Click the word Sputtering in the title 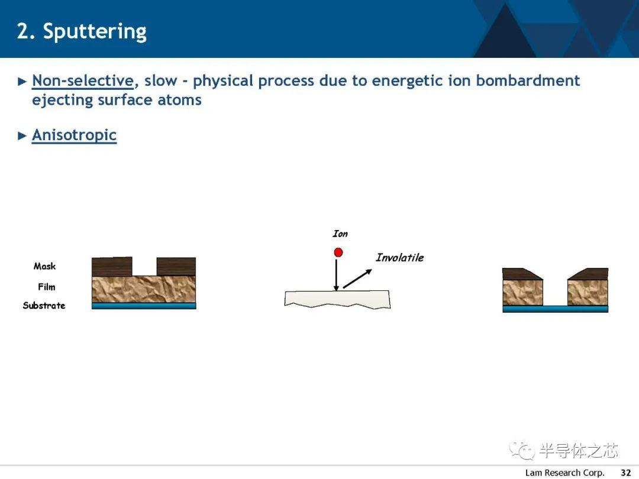(95, 32)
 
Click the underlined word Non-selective (83, 80)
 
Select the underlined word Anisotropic (74, 135)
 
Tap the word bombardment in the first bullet (528, 80)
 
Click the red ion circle (338, 253)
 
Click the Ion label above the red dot (340, 234)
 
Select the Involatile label (400, 257)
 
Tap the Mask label (44, 266)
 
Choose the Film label (47, 287)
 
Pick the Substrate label (44, 306)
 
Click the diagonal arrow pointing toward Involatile (357, 279)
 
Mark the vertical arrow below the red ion (336, 275)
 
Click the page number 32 (626, 472)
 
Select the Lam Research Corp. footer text (564, 472)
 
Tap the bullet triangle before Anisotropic (22, 135)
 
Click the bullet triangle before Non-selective (22, 82)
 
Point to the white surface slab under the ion (337, 299)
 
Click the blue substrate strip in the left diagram (144, 306)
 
